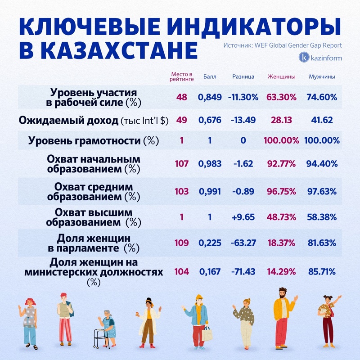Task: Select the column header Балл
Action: pyautogui.click(x=210, y=76)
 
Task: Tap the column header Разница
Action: pyautogui.click(x=243, y=76)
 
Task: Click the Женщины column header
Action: pyautogui.click(x=281, y=76)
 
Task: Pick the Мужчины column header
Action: pyautogui.click(x=322, y=76)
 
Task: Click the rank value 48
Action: pyautogui.click(x=182, y=97)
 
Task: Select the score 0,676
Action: pyautogui.click(x=210, y=120)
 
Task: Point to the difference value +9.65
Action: pyautogui.click(x=243, y=217)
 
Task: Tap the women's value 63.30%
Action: pyautogui.click(x=281, y=97)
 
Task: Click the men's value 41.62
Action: pyautogui.click(x=322, y=120)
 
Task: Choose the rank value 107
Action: pyautogui.click(x=182, y=164)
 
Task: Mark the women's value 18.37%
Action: pyautogui.click(x=281, y=243)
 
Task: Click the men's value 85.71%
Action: pyautogui.click(x=322, y=271)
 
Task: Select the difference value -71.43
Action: pyautogui.click(x=243, y=271)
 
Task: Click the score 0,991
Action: pyautogui.click(x=210, y=191)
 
